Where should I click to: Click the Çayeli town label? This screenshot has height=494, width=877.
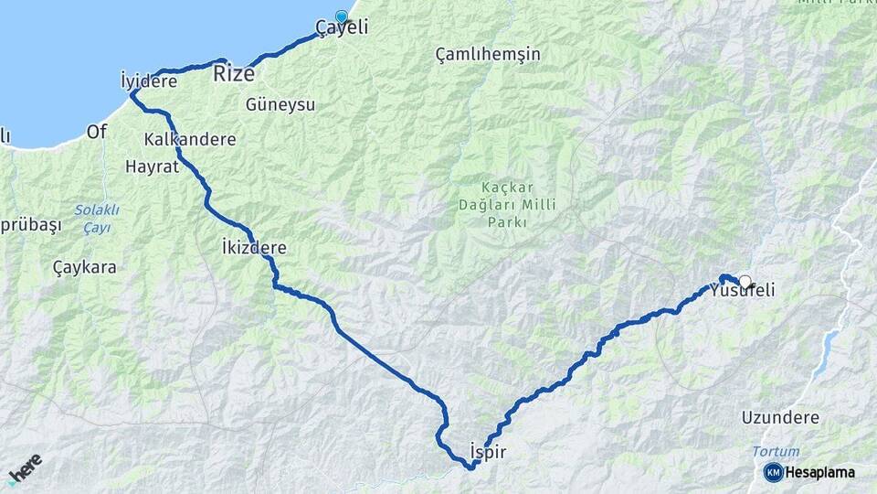342,28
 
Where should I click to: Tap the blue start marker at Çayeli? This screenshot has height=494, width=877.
342,16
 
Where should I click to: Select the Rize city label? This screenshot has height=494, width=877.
234,74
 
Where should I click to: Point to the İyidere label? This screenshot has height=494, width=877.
149,81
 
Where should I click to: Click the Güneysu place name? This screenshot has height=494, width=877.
280,104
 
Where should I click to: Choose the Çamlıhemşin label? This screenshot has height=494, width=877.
488,54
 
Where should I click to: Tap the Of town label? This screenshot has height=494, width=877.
97,132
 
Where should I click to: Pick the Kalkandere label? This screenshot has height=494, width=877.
190,140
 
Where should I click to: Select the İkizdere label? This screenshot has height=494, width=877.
254,248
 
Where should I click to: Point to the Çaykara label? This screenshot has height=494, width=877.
85,268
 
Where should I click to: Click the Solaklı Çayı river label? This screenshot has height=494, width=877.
97,218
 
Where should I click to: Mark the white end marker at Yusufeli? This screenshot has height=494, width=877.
745,282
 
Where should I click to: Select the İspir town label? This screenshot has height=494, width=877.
486,451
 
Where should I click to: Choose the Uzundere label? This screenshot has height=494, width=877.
781,417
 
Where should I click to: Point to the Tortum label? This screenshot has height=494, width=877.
775,451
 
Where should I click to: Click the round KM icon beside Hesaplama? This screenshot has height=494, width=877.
773,472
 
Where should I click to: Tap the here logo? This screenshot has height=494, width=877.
26,468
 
